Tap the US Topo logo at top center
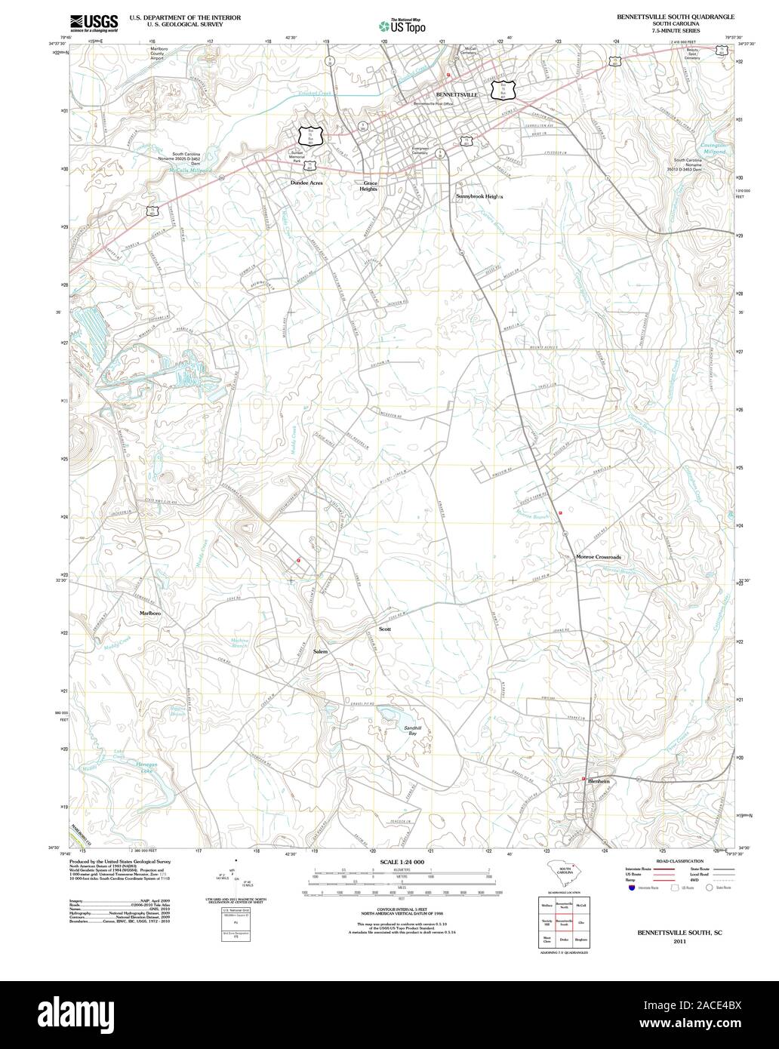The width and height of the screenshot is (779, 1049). [402, 24]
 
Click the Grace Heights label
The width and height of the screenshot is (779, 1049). [369, 186]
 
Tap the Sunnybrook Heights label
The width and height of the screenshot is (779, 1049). [479, 196]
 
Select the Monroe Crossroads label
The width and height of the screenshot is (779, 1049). [598, 557]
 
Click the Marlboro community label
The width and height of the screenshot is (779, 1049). [149, 614]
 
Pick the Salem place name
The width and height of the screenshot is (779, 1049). [320, 651]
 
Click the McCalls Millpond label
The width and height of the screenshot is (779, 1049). [190, 171]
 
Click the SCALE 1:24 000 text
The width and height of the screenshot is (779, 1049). [402, 862]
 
